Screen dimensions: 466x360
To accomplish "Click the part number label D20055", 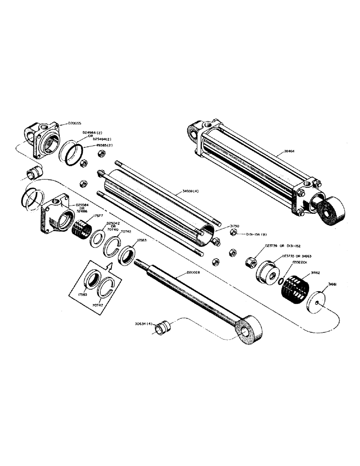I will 72,123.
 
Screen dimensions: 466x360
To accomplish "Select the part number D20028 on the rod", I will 193,272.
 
